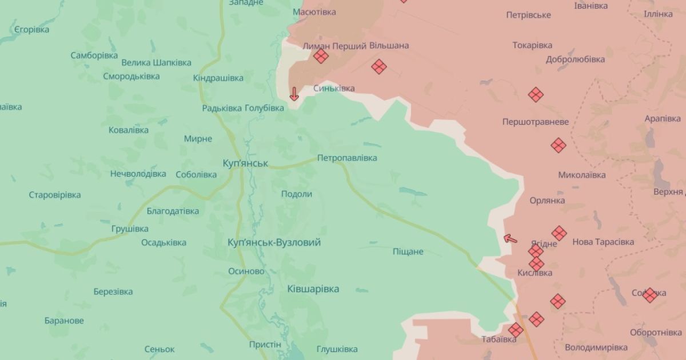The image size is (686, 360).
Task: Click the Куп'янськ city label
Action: click(x=245, y=163)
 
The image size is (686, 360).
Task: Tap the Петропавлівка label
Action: click(x=347, y=158)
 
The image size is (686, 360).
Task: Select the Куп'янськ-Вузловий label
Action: click(x=274, y=242)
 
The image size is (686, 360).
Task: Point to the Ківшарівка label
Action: click(x=313, y=289)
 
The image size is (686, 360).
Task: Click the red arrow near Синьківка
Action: click(x=294, y=94)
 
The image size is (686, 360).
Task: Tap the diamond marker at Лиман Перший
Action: click(x=321, y=56)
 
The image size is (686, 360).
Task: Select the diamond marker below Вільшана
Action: click(x=378, y=67)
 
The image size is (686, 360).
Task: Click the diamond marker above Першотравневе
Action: click(x=536, y=95)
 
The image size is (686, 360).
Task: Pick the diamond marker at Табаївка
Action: click(x=516, y=330)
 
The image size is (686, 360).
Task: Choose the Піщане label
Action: click(x=408, y=251)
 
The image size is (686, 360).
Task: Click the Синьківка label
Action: click(x=334, y=89)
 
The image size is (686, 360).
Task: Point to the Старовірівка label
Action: click(x=55, y=195)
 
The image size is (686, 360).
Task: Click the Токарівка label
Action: click(x=532, y=45)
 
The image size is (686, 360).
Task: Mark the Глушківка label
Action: click(x=336, y=349)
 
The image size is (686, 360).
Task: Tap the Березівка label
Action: click(x=113, y=291)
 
